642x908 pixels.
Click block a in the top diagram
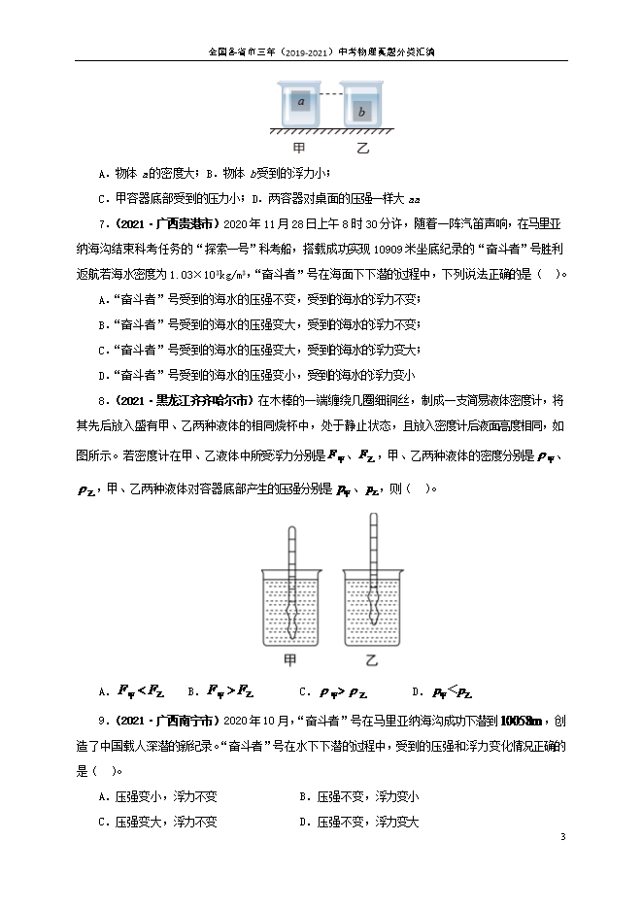point(302,101)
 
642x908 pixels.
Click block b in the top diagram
point(361,111)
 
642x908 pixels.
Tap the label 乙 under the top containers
point(362,149)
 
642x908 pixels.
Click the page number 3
point(563,837)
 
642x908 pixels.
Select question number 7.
point(102,221)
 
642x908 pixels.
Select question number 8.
point(102,399)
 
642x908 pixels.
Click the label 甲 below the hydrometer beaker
point(289,661)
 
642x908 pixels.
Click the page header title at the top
point(321,53)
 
